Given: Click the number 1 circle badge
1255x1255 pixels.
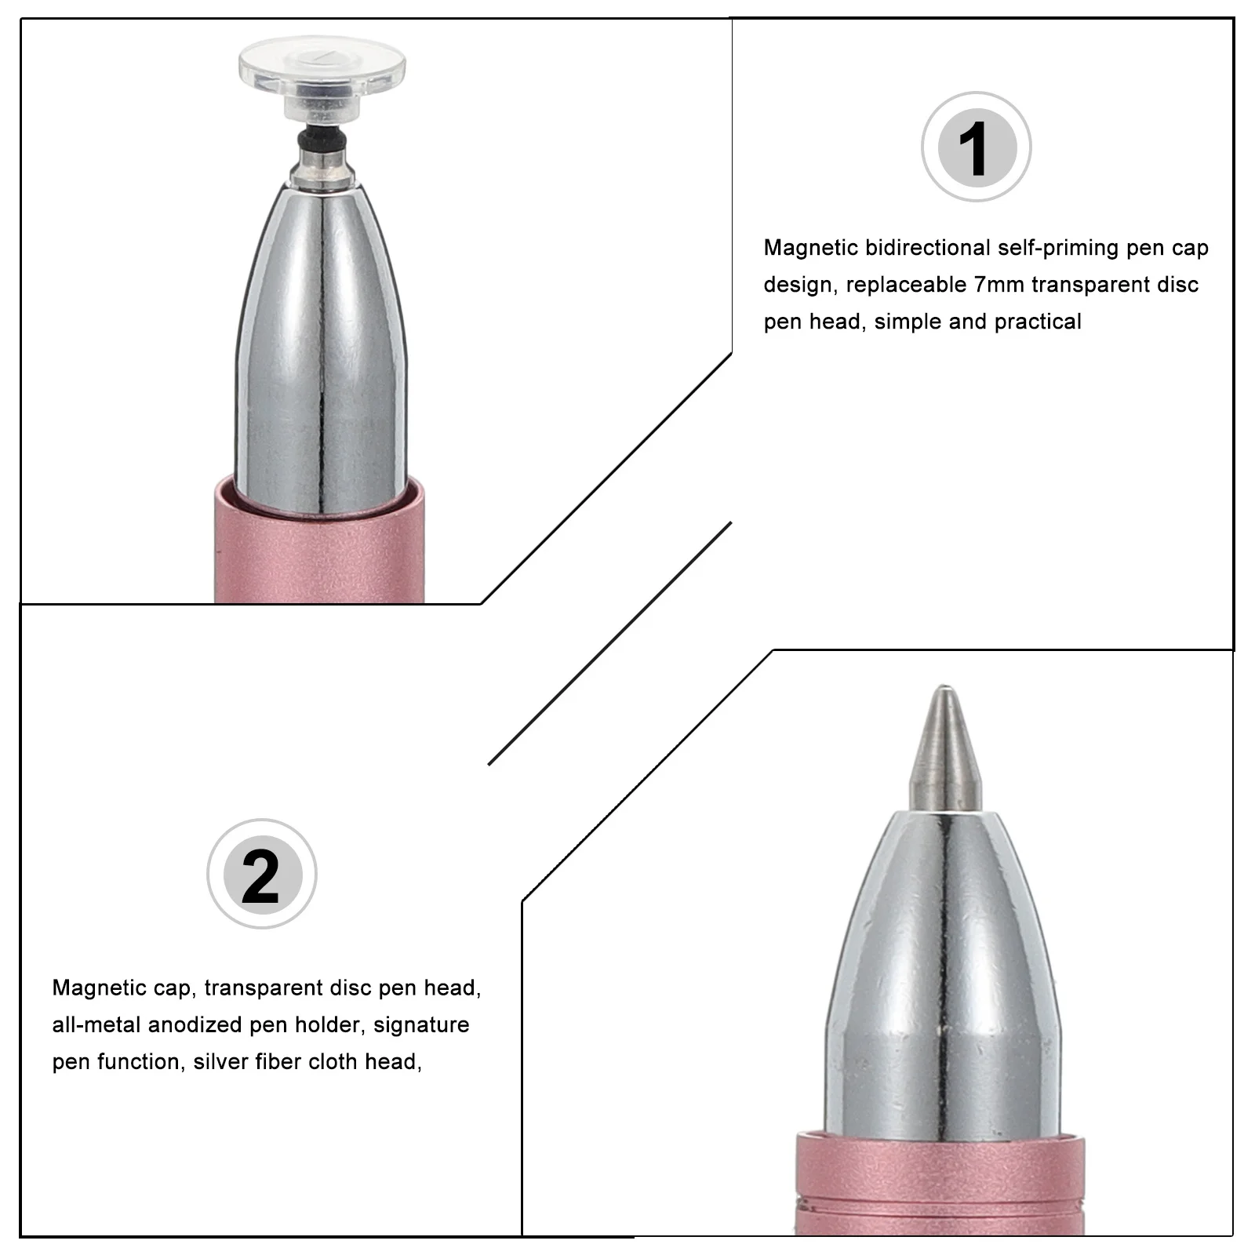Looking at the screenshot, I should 976,147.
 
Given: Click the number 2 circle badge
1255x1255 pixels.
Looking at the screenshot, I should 261,874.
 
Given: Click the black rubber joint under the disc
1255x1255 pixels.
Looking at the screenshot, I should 322,140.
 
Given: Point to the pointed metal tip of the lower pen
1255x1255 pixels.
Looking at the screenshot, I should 944,745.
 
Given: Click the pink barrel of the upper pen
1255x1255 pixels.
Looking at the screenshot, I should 318,557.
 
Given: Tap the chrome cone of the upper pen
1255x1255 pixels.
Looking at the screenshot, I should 322,337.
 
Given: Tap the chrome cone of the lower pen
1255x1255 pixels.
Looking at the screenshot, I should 944,980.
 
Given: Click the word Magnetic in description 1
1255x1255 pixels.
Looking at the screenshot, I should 811,248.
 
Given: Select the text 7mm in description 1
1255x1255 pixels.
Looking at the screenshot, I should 999,285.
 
